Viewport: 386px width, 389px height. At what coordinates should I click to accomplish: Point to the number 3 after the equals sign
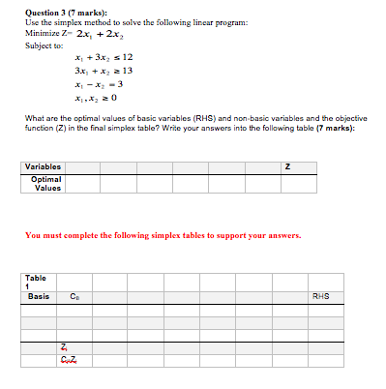pos(125,85)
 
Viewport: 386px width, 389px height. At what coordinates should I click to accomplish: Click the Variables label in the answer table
pos(43,166)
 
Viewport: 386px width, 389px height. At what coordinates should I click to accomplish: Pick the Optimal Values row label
pos(46,183)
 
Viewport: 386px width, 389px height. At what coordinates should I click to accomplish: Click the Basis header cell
pos(39,296)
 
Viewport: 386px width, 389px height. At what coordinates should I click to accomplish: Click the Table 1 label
pos(36,282)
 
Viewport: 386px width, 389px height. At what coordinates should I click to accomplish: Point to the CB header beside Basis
pos(74,296)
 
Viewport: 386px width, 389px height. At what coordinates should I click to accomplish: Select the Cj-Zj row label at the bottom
pos(65,359)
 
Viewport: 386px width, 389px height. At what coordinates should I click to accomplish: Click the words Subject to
pos(44,45)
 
